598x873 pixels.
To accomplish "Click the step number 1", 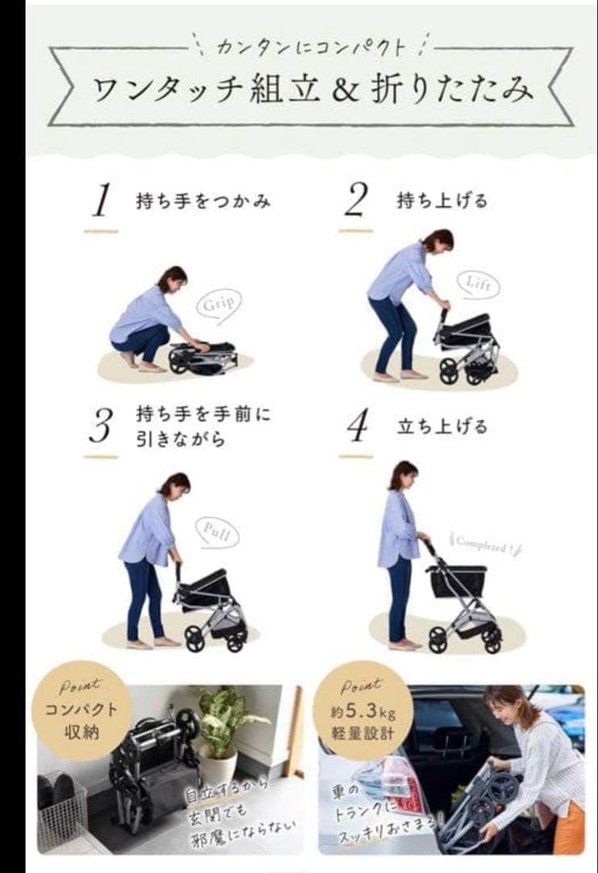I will (100, 200).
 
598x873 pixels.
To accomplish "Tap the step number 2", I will (356, 200).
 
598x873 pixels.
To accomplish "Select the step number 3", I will (100, 426).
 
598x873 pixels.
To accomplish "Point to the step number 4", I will (356, 427).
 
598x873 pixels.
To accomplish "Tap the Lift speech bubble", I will (478, 284).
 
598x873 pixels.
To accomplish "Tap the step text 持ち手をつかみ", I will (203, 201).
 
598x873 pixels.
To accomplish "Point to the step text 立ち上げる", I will (442, 426).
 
